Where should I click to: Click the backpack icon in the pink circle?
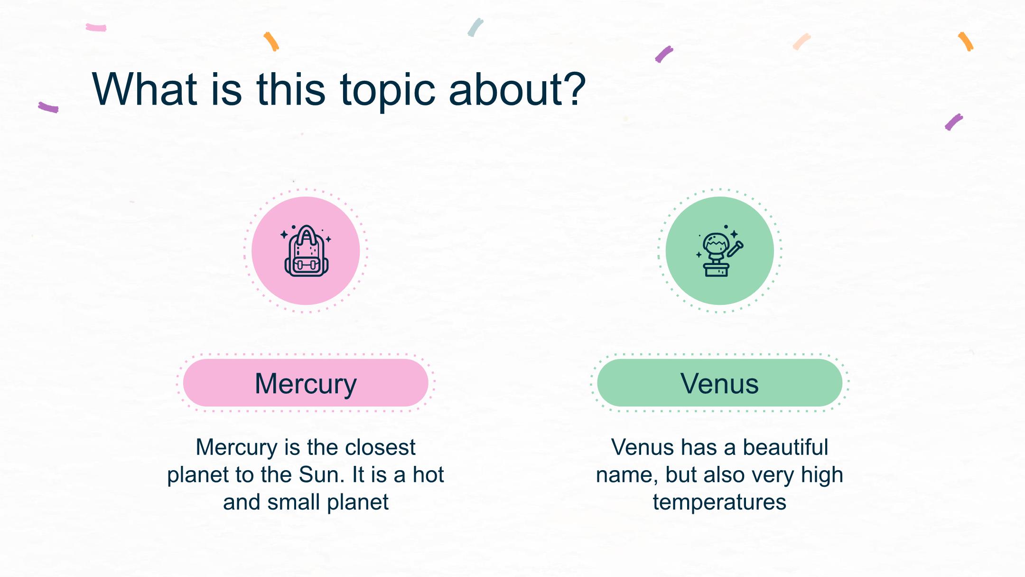306,251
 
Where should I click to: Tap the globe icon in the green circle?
719,251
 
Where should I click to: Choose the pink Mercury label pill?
306,383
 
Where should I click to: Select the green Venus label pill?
719,383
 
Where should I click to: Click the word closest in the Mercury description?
380,447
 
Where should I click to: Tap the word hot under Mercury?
428,474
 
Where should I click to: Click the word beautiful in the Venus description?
785,447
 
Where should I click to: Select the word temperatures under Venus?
719,502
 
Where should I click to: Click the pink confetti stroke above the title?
96,28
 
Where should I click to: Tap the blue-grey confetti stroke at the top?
475,28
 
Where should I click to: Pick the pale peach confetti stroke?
801,41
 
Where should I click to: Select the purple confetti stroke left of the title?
48,107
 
